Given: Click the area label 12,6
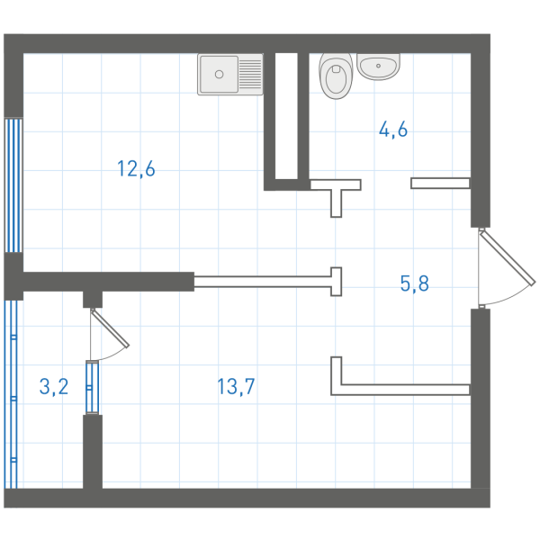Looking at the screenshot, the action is (x=136, y=169).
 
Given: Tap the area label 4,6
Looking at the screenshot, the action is (x=393, y=130).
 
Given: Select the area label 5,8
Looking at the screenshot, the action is (x=414, y=283).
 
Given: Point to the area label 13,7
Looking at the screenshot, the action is (x=236, y=386).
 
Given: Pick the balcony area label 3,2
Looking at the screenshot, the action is (x=54, y=386).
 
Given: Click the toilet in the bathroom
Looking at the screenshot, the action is (x=336, y=76).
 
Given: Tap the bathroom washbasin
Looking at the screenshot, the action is (x=378, y=66).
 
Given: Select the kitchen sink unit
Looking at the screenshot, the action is (x=230, y=74).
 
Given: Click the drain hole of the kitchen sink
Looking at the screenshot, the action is (x=219, y=74).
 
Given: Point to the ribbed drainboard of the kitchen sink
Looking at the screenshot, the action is (x=250, y=74).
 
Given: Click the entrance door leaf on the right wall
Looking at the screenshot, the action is (x=508, y=258).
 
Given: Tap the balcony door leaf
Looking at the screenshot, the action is (x=110, y=328).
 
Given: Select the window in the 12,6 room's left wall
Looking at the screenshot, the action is (x=13, y=185).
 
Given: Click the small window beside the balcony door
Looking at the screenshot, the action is (x=92, y=387).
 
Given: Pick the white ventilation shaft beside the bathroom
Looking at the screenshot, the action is (x=286, y=116).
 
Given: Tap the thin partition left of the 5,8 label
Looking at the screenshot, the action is (x=268, y=282).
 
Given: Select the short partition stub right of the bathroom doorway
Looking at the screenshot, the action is (x=440, y=184).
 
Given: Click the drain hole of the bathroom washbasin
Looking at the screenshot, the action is (x=378, y=66).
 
